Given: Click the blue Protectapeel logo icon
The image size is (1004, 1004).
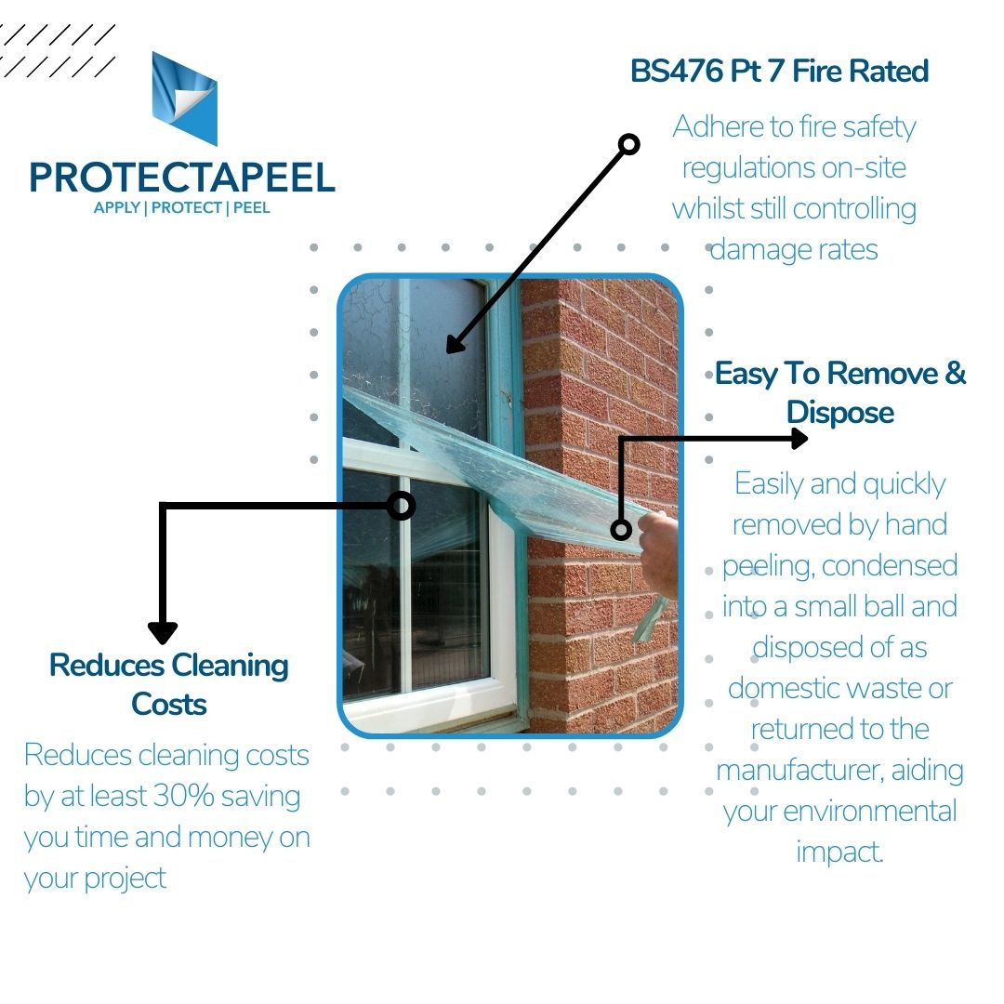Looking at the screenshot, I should click(184, 99).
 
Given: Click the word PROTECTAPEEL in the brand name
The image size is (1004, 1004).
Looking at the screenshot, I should click(182, 178).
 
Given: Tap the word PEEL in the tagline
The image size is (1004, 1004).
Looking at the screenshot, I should click(251, 207).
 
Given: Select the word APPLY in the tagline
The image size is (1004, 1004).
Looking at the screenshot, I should click(116, 207).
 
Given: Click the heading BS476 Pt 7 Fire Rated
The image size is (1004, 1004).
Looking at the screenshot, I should click(779, 72).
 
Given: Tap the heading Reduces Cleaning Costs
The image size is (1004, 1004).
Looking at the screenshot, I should click(168, 684).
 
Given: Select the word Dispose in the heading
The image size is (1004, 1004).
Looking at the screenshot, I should click(839, 413).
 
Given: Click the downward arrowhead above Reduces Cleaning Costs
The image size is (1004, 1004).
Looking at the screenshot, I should click(163, 633).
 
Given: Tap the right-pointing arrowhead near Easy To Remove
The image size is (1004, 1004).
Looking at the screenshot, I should click(798, 438).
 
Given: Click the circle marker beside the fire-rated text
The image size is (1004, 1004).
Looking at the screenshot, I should click(629, 144).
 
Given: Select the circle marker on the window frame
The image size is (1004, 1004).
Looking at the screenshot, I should click(401, 506).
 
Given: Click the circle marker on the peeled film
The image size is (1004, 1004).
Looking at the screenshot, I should click(621, 530).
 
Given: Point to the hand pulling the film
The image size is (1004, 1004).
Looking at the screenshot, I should click(659, 548).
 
